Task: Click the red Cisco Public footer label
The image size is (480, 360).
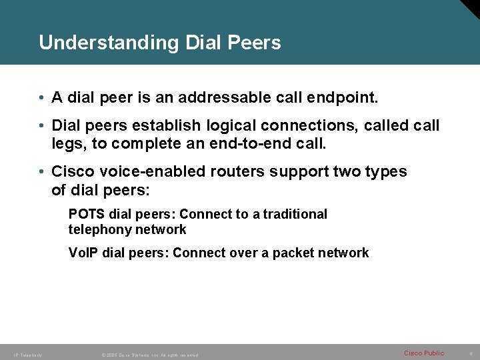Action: click(x=424, y=353)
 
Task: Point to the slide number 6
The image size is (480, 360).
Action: click(x=471, y=353)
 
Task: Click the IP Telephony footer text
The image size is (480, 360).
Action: click(x=26, y=355)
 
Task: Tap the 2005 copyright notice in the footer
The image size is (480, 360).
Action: click(x=150, y=355)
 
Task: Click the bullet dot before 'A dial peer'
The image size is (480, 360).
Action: click(x=42, y=98)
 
